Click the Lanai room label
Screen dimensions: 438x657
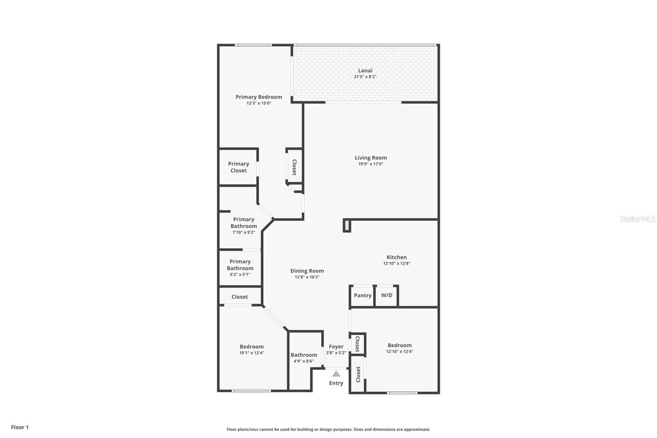(365, 71)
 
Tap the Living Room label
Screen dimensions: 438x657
(371, 158)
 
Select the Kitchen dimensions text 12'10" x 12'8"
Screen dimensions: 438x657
(397, 263)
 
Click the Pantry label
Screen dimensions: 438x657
(363, 295)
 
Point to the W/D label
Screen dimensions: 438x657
(386, 295)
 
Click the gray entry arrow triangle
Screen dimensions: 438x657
(336, 374)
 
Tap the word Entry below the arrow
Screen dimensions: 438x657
(336, 383)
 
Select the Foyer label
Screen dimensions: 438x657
(336, 347)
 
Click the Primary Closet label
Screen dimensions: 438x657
(238, 167)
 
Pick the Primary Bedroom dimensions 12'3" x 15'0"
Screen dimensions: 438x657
(259, 103)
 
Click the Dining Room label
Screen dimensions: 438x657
(307, 271)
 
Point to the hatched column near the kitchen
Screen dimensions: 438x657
(347, 226)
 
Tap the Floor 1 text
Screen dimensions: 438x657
(20, 427)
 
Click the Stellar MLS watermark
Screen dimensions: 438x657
(637, 219)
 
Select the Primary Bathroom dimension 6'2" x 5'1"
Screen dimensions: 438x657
(240, 274)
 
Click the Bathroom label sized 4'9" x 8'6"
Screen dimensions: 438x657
(303, 355)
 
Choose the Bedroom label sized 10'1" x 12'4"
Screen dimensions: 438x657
(252, 347)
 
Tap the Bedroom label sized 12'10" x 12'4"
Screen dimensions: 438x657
(400, 346)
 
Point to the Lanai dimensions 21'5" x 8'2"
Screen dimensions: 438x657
(365, 77)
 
